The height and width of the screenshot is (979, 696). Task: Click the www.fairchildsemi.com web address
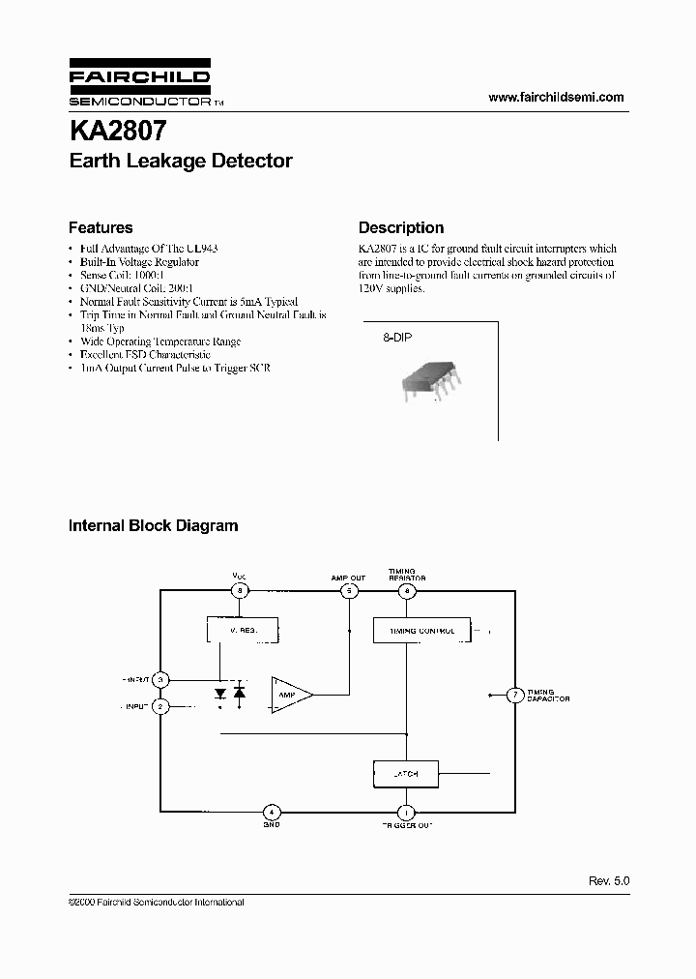[556, 97]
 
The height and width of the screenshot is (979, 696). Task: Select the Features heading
[101, 228]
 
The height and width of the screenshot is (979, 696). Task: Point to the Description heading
[401, 228]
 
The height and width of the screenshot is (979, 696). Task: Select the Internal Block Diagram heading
[153, 526]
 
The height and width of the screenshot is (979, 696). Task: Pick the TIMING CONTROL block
[421, 630]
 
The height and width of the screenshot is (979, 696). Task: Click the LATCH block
[406, 774]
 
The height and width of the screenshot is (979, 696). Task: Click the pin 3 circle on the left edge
[161, 680]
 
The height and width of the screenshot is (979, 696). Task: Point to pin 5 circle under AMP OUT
[349, 590]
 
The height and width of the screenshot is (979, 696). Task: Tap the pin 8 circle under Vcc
[239, 590]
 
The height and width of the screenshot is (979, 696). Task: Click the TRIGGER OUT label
[406, 826]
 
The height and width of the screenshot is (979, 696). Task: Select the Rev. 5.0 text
[608, 881]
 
